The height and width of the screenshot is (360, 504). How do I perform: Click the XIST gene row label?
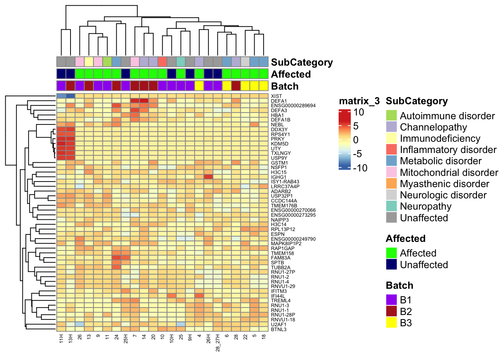pyautogui.click(x=276, y=96)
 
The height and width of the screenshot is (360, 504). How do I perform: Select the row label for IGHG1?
pyautogui.click(x=279, y=177)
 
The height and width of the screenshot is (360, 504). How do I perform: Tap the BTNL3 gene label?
pyautogui.click(x=279, y=329)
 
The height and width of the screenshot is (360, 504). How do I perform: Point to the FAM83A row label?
pyautogui.click(x=280, y=258)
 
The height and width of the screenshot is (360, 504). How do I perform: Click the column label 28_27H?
pyautogui.click(x=218, y=344)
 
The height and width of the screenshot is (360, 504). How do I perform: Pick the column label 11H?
pyautogui.click(x=61, y=340)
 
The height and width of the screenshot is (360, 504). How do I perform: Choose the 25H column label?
pyautogui.click(x=126, y=340)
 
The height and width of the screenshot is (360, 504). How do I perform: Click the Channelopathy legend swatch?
pyautogui.click(x=391, y=127)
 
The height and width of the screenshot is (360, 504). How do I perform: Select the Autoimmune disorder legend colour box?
pyautogui.click(x=391, y=115)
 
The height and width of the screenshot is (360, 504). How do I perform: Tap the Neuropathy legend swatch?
pyautogui.click(x=391, y=206)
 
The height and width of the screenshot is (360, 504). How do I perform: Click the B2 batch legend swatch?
pyautogui.click(x=391, y=311)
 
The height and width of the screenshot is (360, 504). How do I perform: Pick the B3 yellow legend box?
pyautogui.click(x=391, y=322)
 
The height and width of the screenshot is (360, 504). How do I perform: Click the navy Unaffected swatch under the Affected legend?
pyautogui.click(x=391, y=264)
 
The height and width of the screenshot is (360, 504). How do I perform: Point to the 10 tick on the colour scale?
pyautogui.click(x=359, y=112)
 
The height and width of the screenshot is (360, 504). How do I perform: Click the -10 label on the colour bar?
pyautogui.click(x=360, y=168)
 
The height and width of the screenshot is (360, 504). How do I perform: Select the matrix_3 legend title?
pyautogui.click(x=359, y=101)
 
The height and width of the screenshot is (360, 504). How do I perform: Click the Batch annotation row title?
pyautogui.click(x=285, y=86)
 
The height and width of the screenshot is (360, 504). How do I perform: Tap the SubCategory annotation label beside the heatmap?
pyautogui.click(x=302, y=62)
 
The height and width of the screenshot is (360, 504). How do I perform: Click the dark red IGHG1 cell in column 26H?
pyautogui.click(x=208, y=177)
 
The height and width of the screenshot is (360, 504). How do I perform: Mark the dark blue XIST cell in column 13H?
pyautogui.click(x=70, y=96)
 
